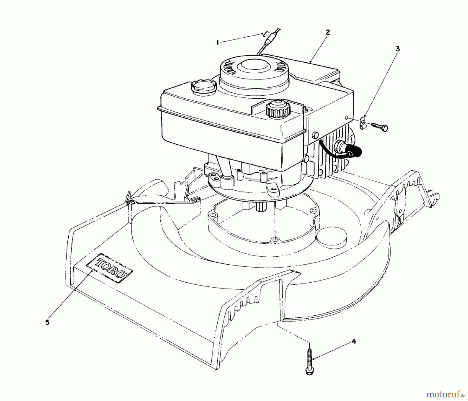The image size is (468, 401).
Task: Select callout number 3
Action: tap(398, 49)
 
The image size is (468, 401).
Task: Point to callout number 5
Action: tap(47, 322)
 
